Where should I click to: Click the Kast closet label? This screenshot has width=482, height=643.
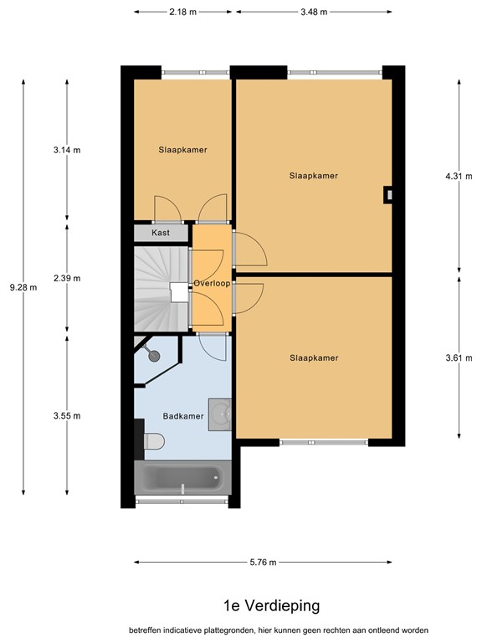pyautogui.click(x=161, y=233)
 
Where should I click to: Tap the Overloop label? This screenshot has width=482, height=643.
pyautogui.click(x=212, y=283)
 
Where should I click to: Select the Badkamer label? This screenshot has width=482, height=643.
pyautogui.click(x=183, y=416)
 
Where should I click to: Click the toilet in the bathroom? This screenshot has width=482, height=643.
pyautogui.click(x=154, y=441)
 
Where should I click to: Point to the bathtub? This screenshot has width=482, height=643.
pyautogui.click(x=182, y=477)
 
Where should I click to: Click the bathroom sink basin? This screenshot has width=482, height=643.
pyautogui.click(x=220, y=414)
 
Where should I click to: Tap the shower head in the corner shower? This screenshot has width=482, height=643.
pyautogui.click(x=154, y=356)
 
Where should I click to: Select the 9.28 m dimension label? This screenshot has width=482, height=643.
pyautogui.click(x=23, y=287)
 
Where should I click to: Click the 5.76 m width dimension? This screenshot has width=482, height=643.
pyautogui.click(x=263, y=563)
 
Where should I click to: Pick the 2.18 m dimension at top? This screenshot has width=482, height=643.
pyautogui.click(x=182, y=12)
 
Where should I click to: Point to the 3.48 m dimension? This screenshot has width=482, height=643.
pyautogui.click(x=314, y=12)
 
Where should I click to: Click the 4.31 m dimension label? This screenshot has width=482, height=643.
pyautogui.click(x=459, y=177)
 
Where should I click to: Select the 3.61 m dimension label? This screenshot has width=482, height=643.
pyautogui.click(x=459, y=358)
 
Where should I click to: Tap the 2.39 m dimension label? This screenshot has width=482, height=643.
pyautogui.click(x=67, y=278)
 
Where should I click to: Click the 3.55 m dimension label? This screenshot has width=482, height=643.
pyautogui.click(x=67, y=416)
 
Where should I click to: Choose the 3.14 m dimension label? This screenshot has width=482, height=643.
pyautogui.click(x=67, y=150)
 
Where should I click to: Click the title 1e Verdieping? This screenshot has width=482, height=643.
pyautogui.click(x=272, y=605)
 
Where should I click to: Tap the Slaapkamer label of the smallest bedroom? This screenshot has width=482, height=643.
pyautogui.click(x=182, y=150)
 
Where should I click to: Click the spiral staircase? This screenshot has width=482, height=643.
pyautogui.click(x=162, y=289)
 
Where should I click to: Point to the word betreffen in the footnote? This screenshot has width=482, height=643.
pyautogui.click(x=145, y=630)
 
